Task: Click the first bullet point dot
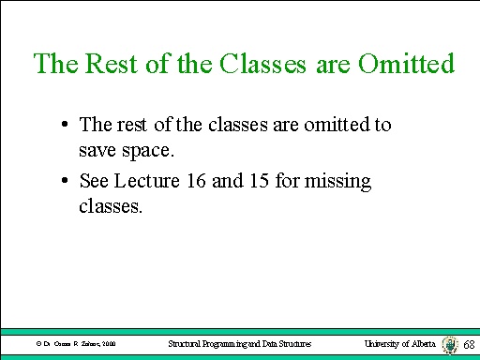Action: point(61,125)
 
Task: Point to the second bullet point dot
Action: point(61,182)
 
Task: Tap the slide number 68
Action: point(470,345)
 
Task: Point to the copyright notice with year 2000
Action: point(75,346)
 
